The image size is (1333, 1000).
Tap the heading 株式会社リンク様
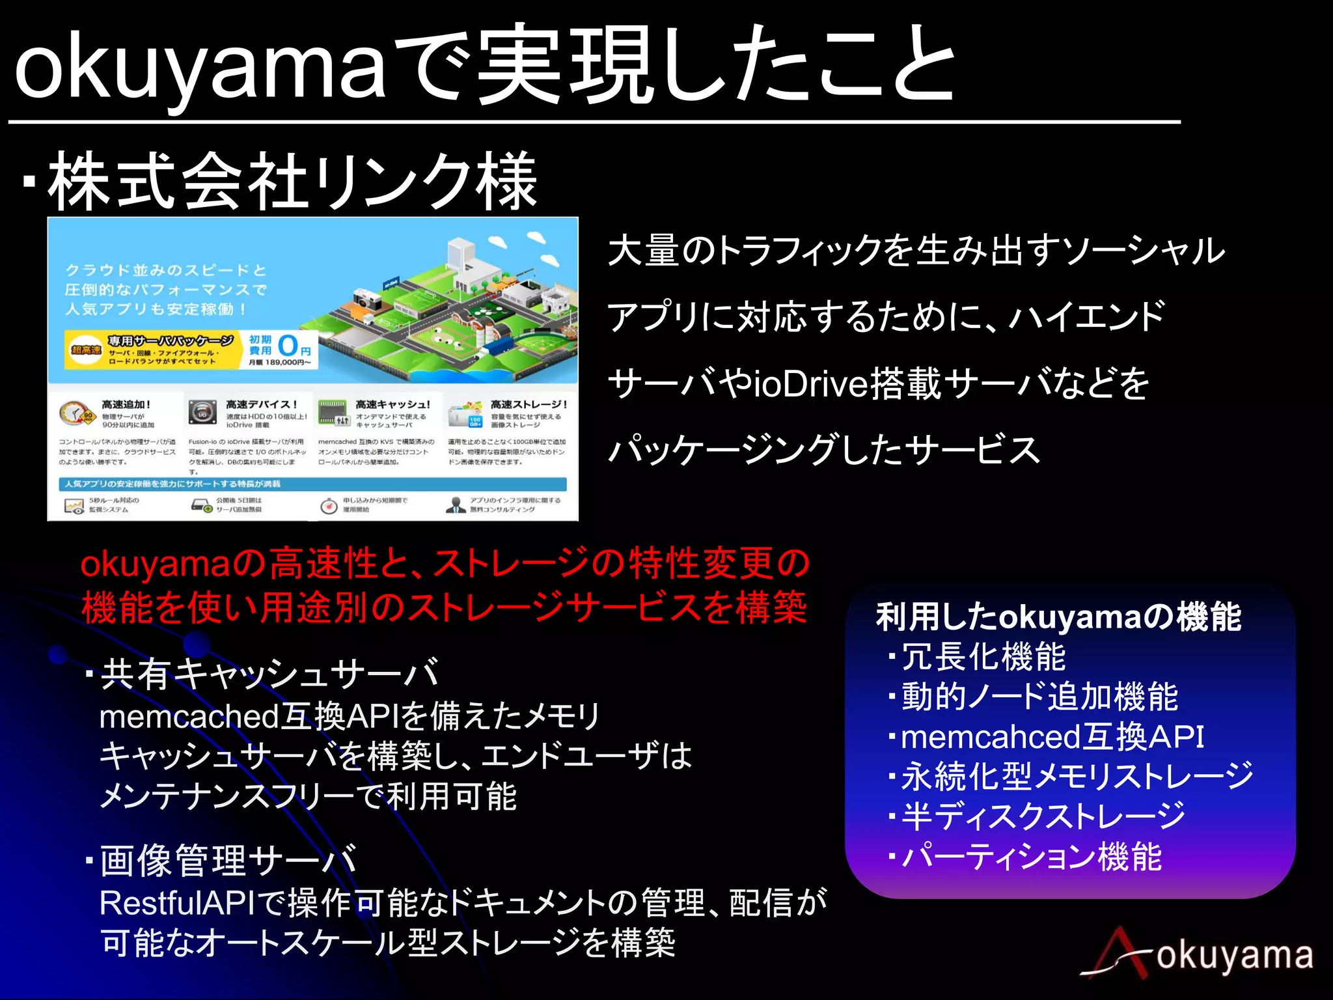pyautogui.click(x=293, y=182)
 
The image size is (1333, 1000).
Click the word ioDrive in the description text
pyautogui.click(x=810, y=384)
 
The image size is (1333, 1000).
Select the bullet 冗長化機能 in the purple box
pyautogui.click(x=983, y=657)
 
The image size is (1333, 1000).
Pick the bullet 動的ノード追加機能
pyautogui.click(x=1039, y=697)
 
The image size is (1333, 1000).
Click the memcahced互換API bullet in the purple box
pyautogui.click(x=1052, y=737)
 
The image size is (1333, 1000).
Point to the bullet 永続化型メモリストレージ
pyautogui.click(x=1077, y=777)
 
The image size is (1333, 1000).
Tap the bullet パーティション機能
pyautogui.click(x=1032, y=857)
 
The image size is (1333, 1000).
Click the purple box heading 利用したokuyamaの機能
pyautogui.click(x=1058, y=617)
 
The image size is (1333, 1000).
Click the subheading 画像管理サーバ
pyautogui.click(x=228, y=860)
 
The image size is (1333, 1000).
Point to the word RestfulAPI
pyautogui.click(x=178, y=903)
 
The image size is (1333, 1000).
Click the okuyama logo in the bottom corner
pyautogui.click(x=1198, y=955)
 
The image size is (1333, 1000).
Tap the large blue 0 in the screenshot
pyautogui.click(x=288, y=346)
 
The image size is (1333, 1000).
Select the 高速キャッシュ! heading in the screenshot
pyautogui.click(x=392, y=404)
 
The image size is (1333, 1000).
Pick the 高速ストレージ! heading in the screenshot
pyautogui.click(x=529, y=404)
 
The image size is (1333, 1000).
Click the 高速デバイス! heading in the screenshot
pyautogui.click(x=261, y=404)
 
